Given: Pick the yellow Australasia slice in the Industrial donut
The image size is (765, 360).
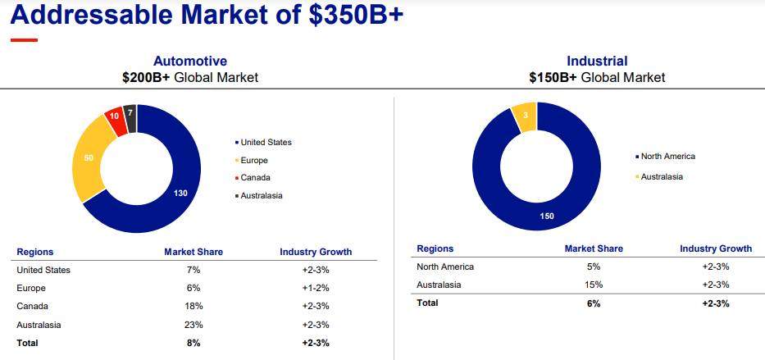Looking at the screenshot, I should coord(524,116).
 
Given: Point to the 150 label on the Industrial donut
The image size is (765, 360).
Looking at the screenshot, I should coord(547,216).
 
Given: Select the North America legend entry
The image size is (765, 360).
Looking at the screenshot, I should coord(667,157).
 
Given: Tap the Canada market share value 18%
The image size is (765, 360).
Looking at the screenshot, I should coord(194,306).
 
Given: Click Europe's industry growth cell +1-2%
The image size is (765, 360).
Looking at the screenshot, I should coord(316,288).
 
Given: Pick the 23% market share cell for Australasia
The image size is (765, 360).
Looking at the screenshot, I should coord(194,325).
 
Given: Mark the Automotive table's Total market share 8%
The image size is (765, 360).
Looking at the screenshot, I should coord(194,343).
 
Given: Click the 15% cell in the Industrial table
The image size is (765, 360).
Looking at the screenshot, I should coord(594,285).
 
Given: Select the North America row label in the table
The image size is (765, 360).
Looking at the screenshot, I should coord(445,267).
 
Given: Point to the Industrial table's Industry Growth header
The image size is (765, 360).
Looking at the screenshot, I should coord(716,248).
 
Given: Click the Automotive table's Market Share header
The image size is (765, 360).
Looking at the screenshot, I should coord(194,252).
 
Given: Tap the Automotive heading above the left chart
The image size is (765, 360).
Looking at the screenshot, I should coord(190,61).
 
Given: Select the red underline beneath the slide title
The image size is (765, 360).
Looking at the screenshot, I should coord(24,39).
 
